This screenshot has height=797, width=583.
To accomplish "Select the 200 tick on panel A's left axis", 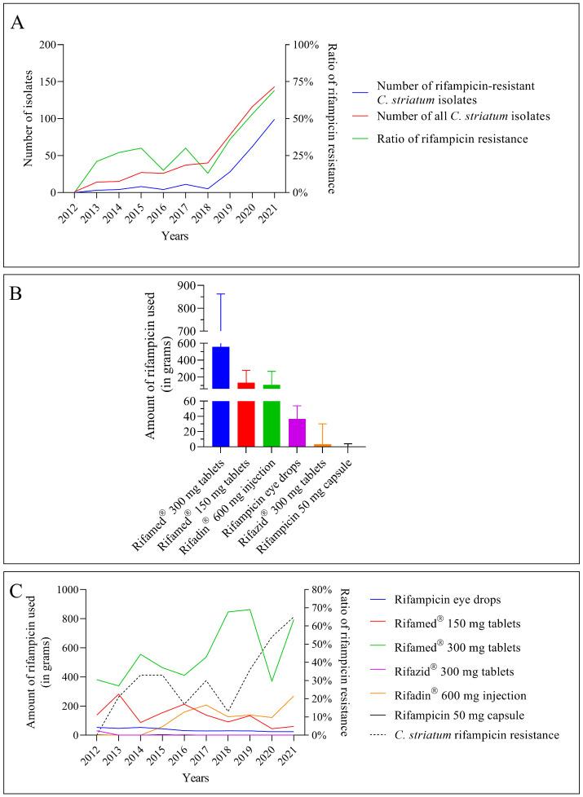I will (55, 45).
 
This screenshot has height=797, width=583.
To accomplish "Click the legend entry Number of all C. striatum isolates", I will (463, 117).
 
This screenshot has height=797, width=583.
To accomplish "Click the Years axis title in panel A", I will (174, 236).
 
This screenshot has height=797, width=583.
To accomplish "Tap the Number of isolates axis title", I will (29, 118).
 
